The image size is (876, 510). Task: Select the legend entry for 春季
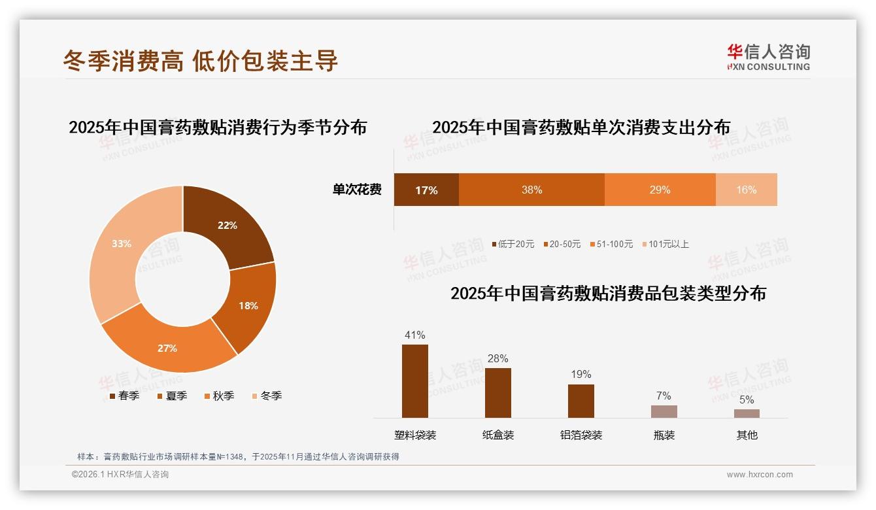click(x=124, y=396)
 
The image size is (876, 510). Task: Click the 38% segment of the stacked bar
click(x=531, y=190)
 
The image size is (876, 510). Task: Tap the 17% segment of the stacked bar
click(x=426, y=190)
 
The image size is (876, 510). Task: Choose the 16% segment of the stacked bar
click(x=746, y=190)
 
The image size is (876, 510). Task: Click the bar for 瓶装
click(x=664, y=411)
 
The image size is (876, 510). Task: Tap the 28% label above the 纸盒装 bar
click(x=497, y=358)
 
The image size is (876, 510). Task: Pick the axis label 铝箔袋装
click(x=581, y=435)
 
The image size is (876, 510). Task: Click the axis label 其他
click(x=747, y=435)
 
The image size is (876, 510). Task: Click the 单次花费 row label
click(x=357, y=190)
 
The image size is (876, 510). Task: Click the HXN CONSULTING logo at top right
click(x=768, y=58)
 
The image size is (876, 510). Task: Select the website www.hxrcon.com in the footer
click(x=760, y=475)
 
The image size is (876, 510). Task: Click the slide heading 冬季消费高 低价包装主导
click(x=201, y=60)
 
